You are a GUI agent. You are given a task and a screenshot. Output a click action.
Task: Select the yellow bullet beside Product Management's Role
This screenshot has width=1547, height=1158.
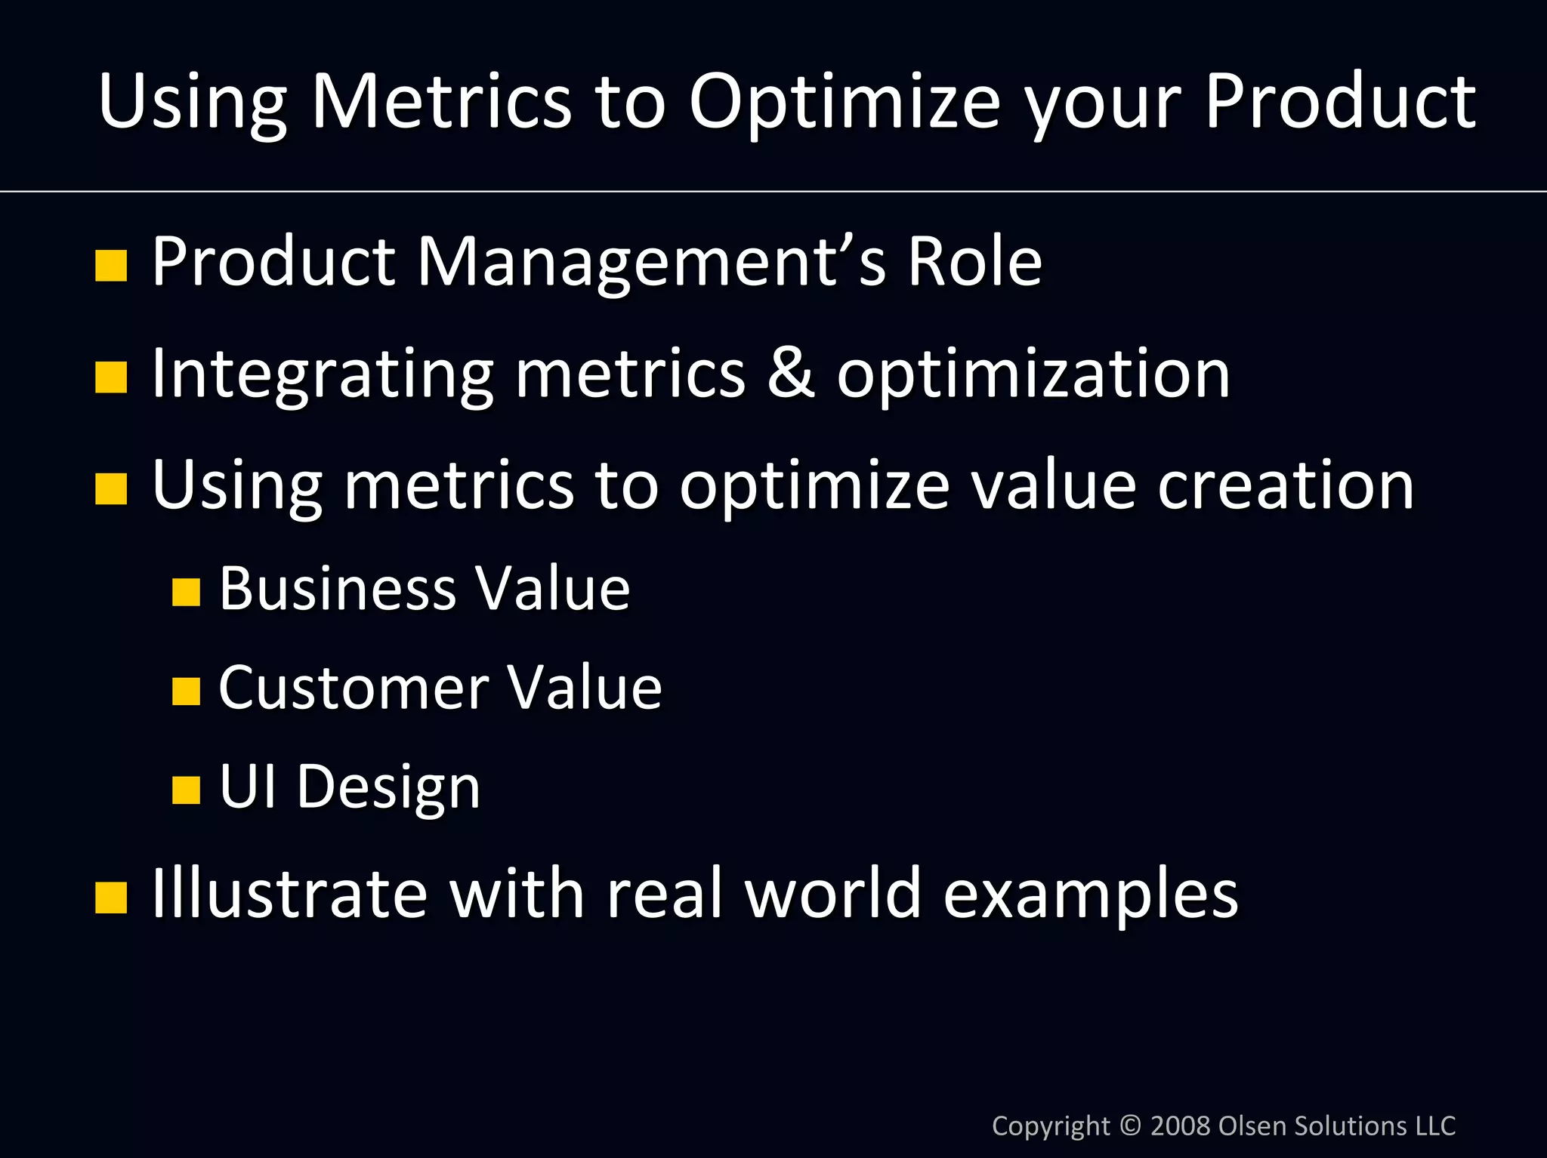(x=111, y=266)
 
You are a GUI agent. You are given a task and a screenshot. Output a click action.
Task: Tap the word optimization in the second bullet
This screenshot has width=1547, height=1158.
(x=1033, y=374)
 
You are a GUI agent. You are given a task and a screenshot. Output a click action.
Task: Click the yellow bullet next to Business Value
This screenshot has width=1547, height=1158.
(x=186, y=593)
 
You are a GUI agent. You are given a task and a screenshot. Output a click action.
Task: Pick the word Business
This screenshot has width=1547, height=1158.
(x=338, y=589)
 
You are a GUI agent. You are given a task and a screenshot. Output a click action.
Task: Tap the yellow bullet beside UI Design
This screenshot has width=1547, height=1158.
(x=186, y=790)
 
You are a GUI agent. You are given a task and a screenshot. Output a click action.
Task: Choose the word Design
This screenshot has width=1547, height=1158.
(x=388, y=788)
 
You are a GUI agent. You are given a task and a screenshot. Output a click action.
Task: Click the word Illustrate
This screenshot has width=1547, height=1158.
(x=289, y=894)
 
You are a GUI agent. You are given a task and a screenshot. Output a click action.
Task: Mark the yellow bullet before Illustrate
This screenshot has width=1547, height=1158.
(x=111, y=898)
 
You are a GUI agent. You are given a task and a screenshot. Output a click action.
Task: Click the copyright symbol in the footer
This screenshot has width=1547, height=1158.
(x=1131, y=1126)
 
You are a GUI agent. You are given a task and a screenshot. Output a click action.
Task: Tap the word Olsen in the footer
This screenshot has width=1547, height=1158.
(x=1253, y=1126)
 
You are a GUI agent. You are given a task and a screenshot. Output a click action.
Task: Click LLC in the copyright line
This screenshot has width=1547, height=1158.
(x=1434, y=1126)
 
